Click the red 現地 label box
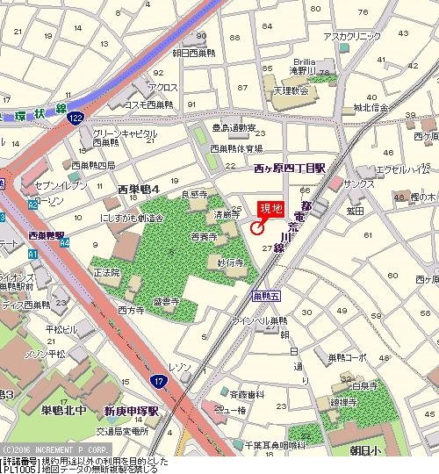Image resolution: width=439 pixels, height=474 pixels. tap(271, 209)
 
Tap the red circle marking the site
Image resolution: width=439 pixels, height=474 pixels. tap(256, 228)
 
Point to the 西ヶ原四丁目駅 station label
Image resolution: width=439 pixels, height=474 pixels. tap(289, 167)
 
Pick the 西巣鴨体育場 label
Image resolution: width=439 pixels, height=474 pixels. tap(235, 148)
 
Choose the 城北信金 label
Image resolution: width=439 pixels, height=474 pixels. tap(370, 108)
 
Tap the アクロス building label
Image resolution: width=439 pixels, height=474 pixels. tap(163, 88)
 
